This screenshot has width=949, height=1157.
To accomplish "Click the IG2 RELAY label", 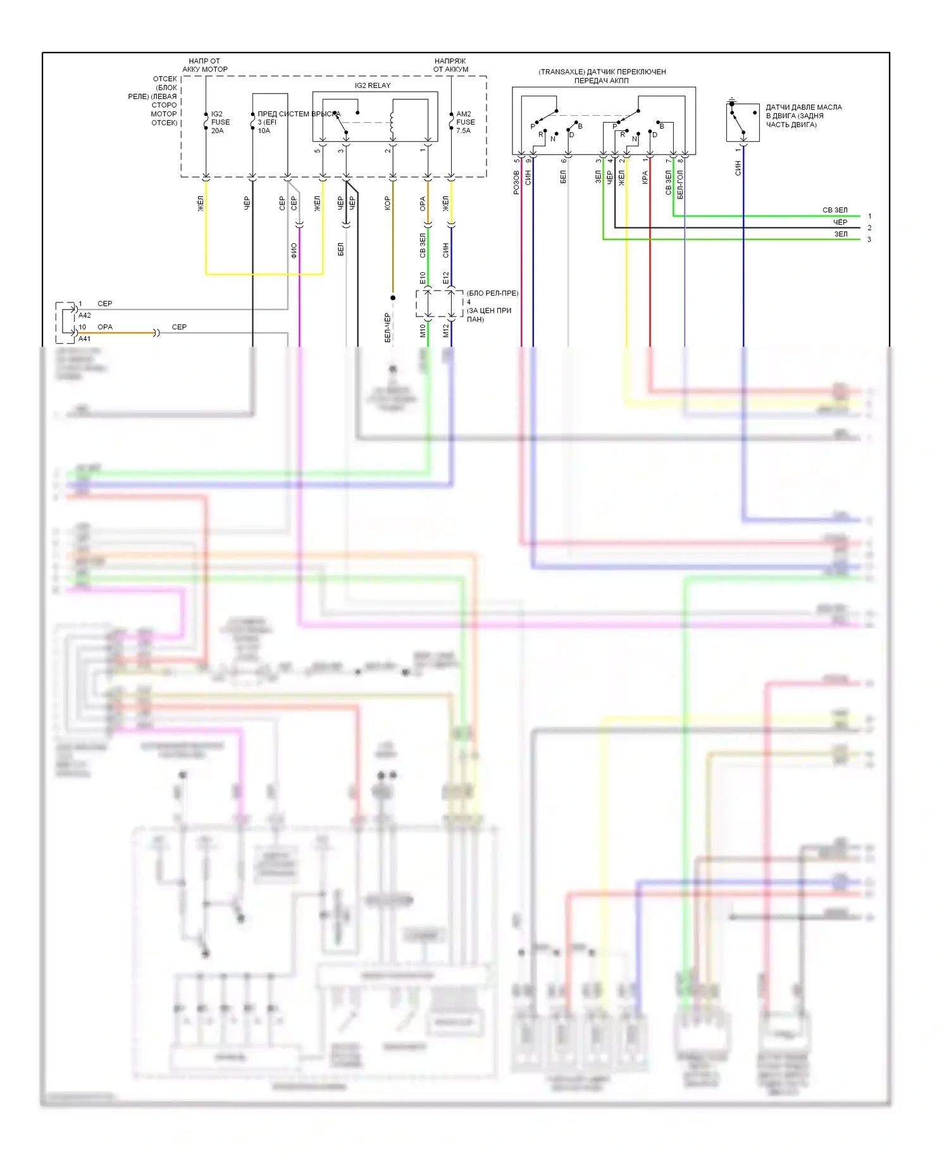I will click(x=372, y=85).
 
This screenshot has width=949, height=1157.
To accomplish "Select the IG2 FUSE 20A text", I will click(x=220, y=122).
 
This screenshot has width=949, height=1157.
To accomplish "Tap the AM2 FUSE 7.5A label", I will click(x=465, y=122).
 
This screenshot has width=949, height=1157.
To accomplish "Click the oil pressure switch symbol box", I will click(x=743, y=122).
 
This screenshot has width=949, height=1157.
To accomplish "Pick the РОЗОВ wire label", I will click(x=516, y=182).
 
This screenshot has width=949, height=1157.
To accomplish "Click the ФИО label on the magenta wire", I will click(x=294, y=251).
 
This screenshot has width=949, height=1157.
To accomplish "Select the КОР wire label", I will click(x=387, y=203).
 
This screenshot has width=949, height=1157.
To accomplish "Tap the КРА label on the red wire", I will click(x=645, y=178).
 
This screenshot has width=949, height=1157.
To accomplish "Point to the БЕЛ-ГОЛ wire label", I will click(x=680, y=184).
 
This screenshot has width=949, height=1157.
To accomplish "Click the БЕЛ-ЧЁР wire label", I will click(x=387, y=328).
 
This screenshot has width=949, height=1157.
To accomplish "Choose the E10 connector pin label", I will click(x=423, y=278).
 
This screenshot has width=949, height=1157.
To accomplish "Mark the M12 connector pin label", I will click(x=445, y=330).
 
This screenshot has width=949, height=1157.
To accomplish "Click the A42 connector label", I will click(x=85, y=315).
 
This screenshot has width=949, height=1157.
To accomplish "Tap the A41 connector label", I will click(x=85, y=339).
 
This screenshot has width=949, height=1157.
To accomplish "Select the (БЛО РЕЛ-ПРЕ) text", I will click(x=492, y=293).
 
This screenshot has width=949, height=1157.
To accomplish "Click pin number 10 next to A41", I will click(x=82, y=327).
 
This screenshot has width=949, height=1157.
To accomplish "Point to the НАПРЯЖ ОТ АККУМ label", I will click(x=450, y=65).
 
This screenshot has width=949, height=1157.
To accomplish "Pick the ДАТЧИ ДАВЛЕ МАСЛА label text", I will click(x=803, y=108).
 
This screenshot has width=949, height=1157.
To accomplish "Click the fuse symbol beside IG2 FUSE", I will click(x=206, y=122).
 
